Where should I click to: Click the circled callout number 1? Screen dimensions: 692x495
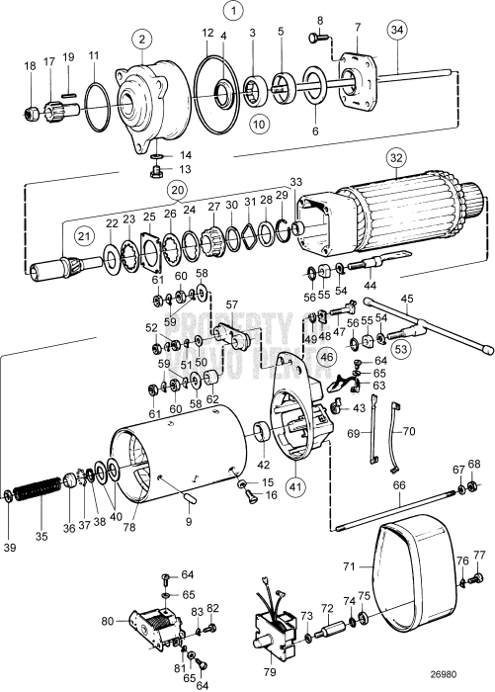[x=233, y=13]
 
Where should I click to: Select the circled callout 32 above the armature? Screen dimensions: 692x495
[x=397, y=156]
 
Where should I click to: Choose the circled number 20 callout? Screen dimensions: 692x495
[x=177, y=189]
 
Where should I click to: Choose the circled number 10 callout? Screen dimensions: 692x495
[x=258, y=125]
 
